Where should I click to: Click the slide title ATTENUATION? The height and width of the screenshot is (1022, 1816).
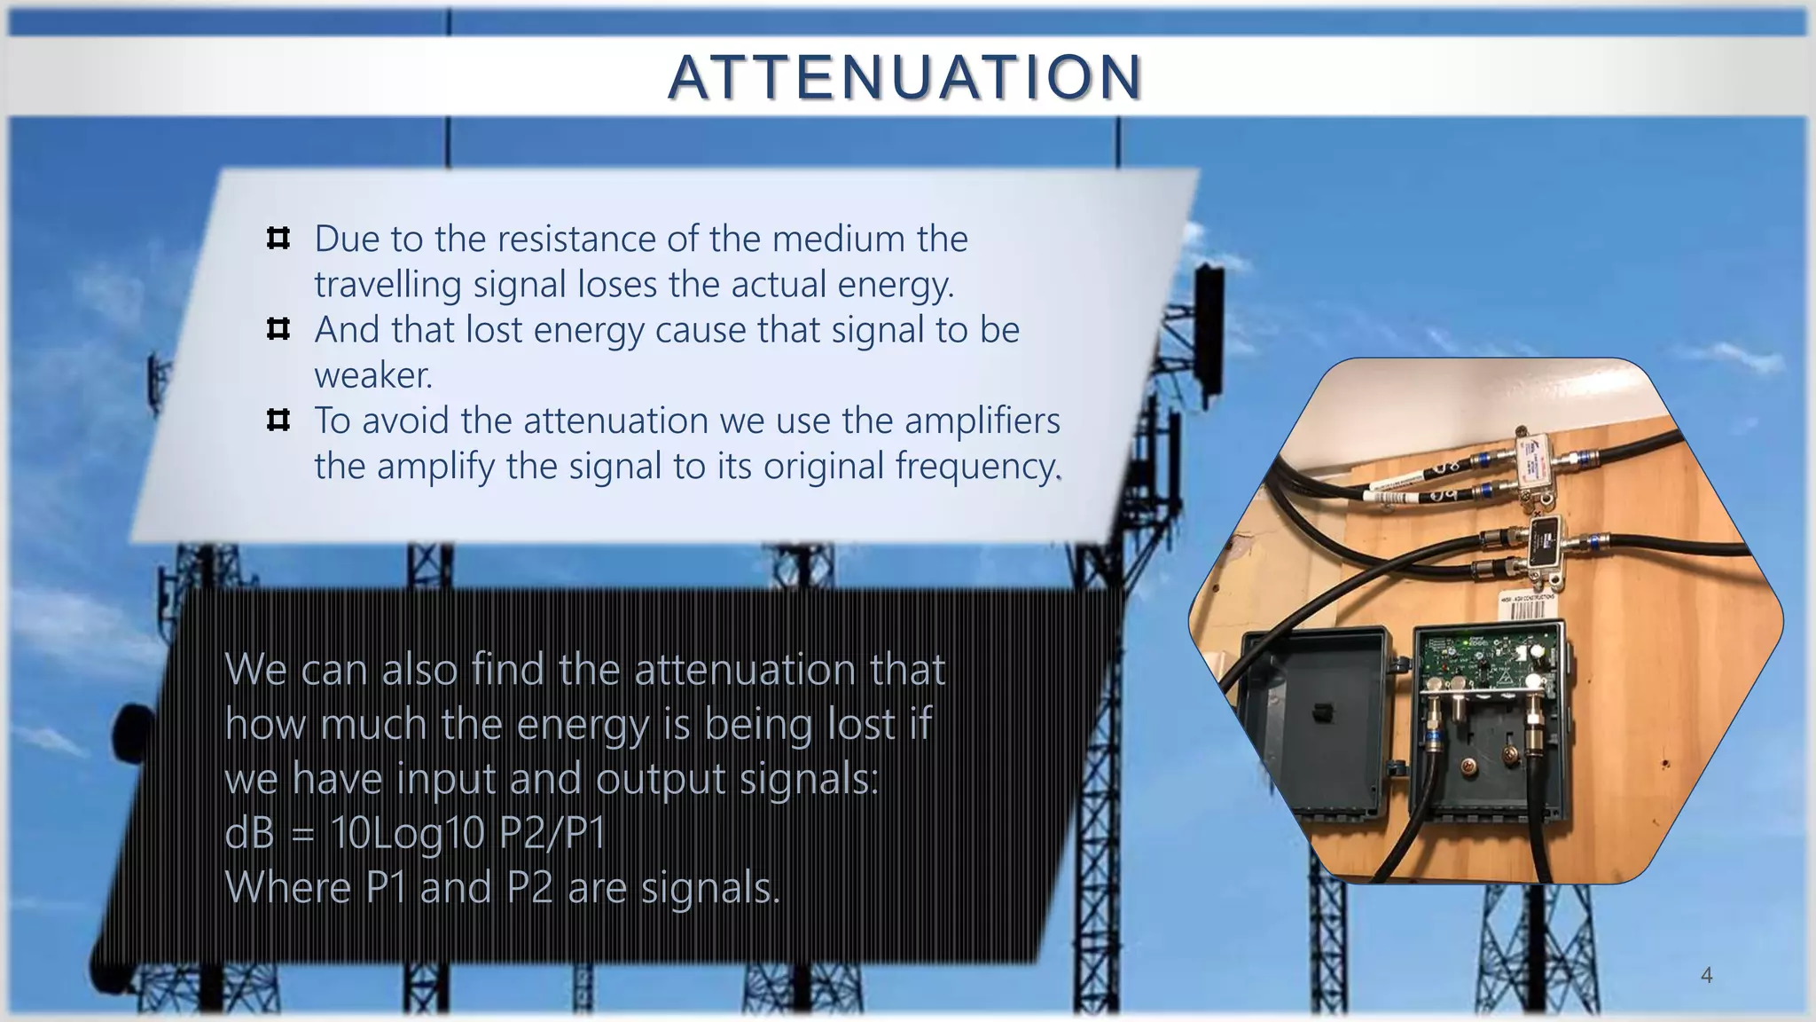tap(905, 77)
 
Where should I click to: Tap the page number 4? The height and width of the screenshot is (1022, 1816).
tap(1706, 976)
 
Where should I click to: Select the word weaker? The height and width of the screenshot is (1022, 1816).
tap(373, 375)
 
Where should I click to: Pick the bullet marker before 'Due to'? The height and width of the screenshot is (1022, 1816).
tap(278, 239)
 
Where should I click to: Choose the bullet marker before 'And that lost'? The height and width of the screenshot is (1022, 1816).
tap(278, 330)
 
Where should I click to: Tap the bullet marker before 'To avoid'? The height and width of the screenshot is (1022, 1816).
tap(278, 421)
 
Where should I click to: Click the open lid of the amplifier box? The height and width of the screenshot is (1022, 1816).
tap(1312, 719)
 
